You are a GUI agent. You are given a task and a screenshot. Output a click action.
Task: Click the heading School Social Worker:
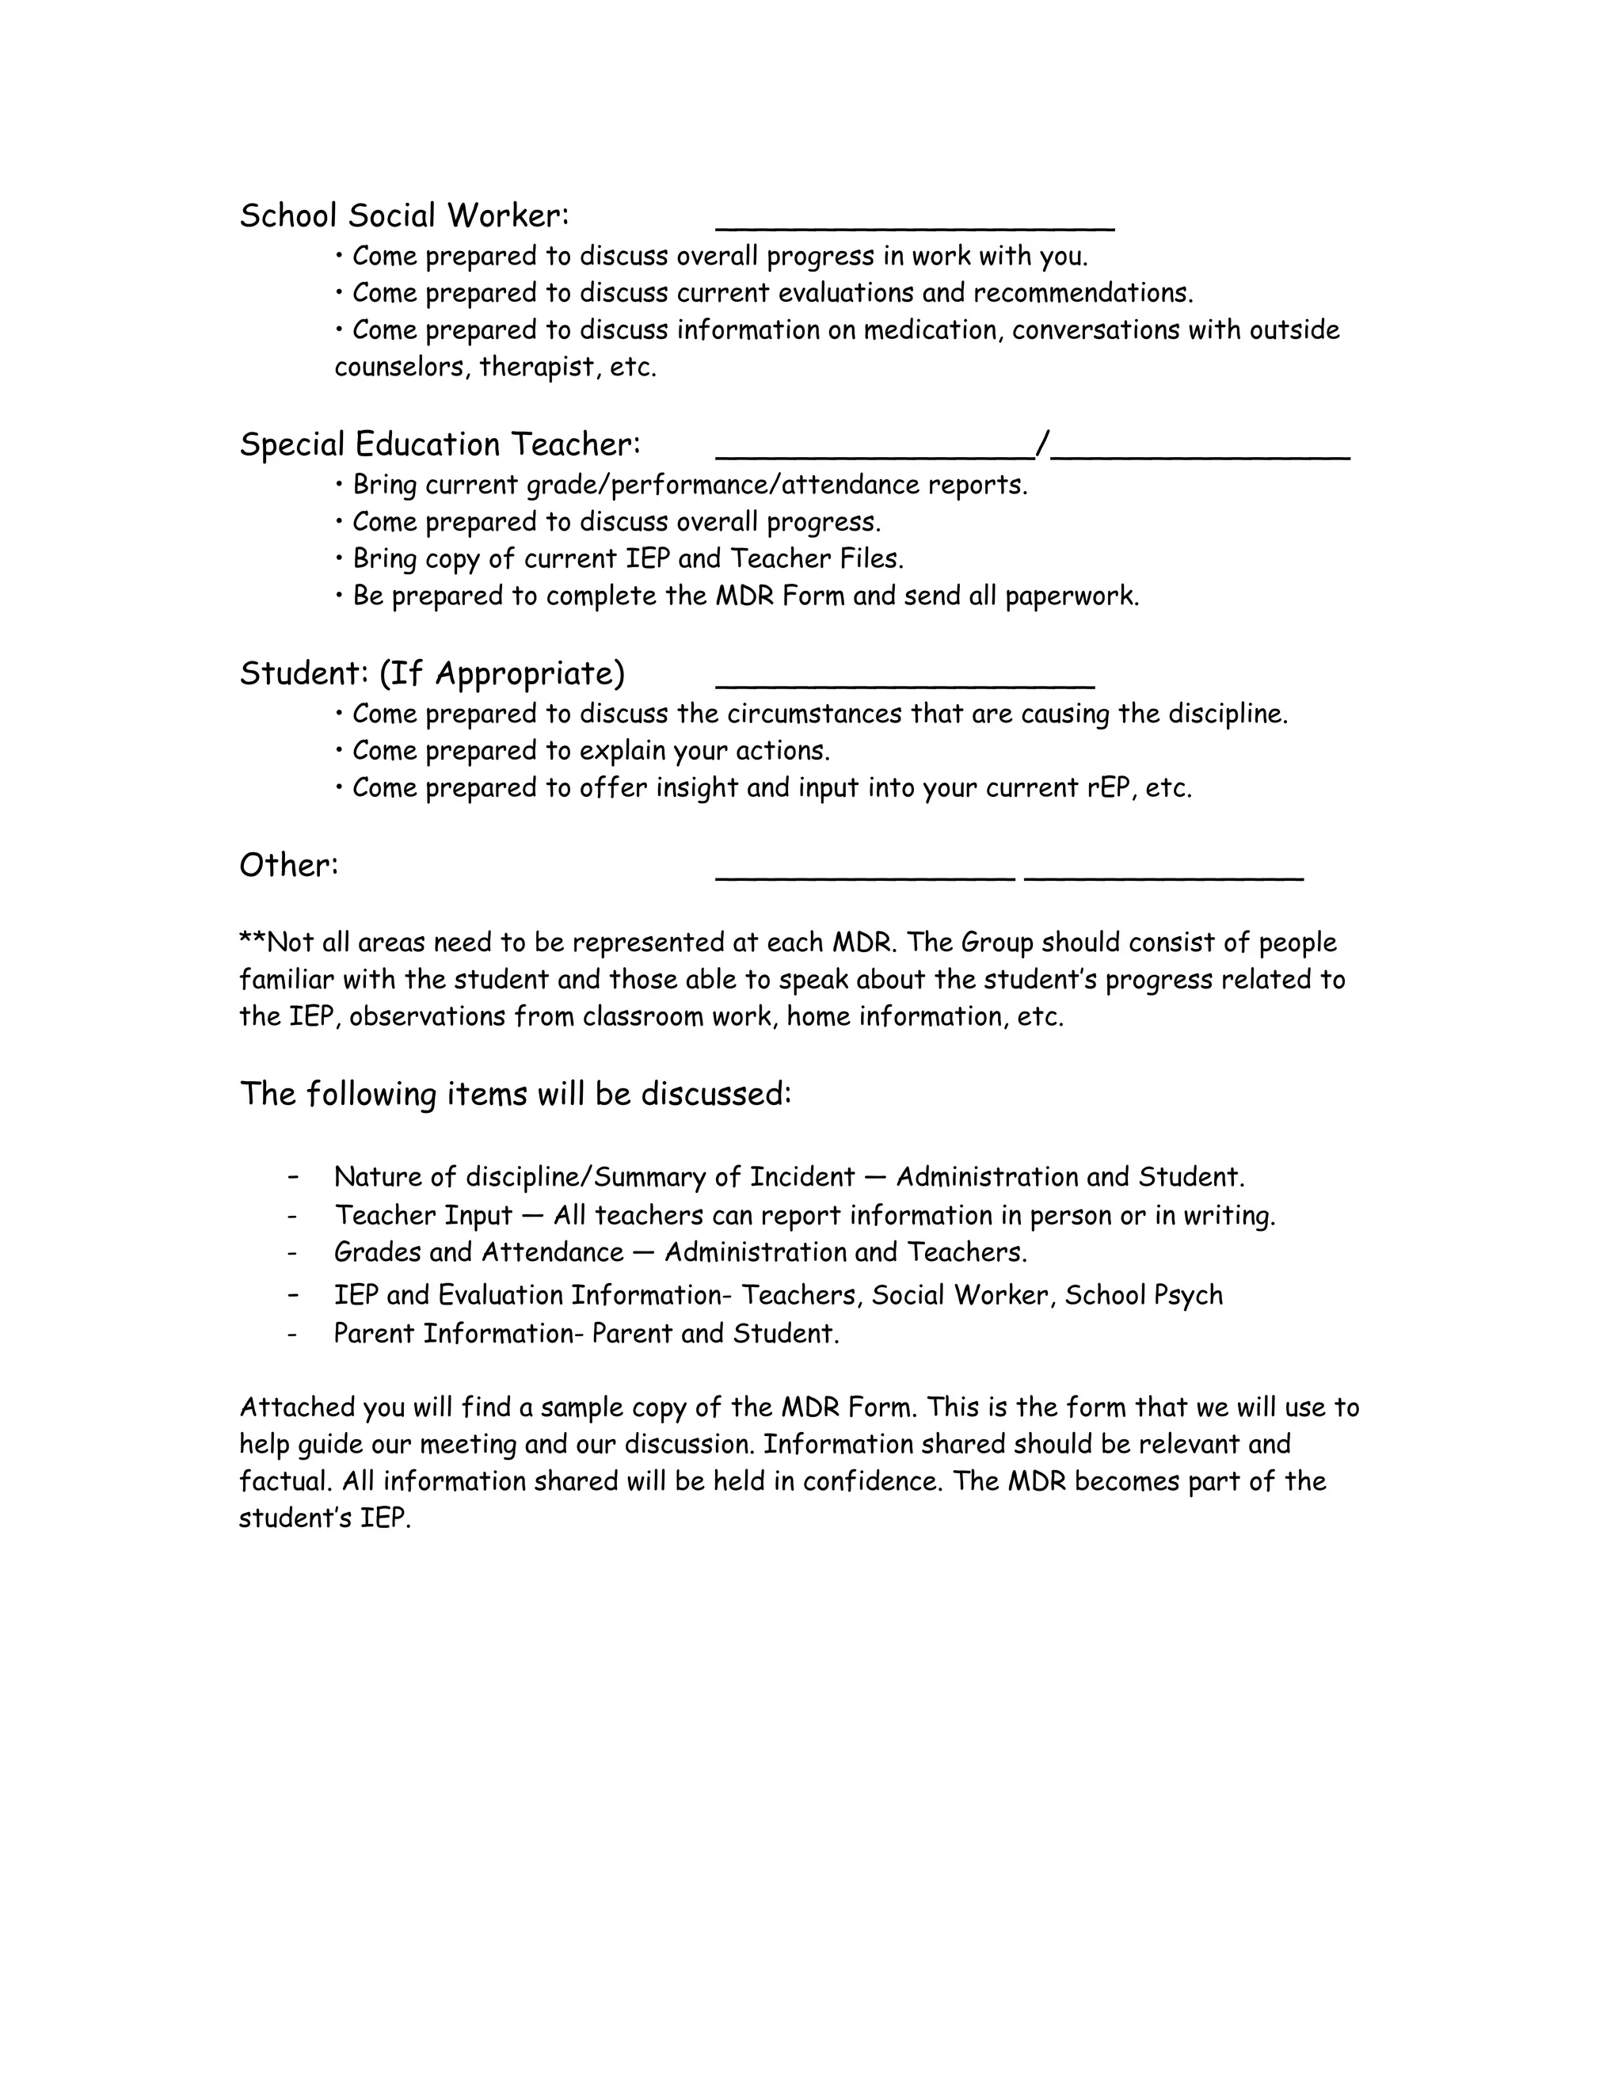coord(404,215)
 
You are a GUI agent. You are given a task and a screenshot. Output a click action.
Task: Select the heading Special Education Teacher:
coord(439,444)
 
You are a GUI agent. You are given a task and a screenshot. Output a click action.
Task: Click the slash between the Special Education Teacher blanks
coord(1042,444)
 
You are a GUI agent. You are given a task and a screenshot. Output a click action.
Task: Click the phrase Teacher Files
coord(816,558)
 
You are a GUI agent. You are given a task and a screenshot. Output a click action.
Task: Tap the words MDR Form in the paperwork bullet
coord(779,596)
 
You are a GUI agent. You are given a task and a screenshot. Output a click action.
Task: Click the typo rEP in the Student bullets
coord(1108,788)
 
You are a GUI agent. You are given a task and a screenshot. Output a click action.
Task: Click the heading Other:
coord(288,865)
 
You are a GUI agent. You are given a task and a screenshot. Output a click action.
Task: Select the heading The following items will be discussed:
coord(515,1094)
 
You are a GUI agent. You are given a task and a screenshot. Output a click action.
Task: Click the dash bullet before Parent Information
coord(292,1334)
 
